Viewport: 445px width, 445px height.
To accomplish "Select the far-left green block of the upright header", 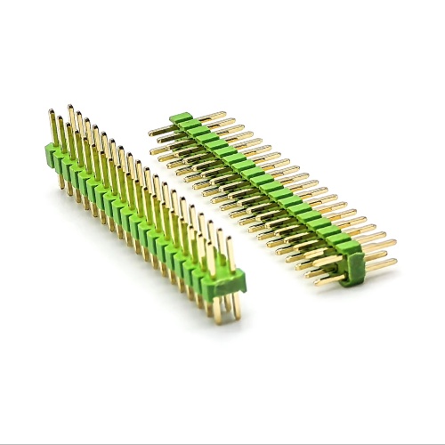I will pos(53,154).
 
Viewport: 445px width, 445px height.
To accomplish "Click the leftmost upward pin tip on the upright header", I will pos(51,112).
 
